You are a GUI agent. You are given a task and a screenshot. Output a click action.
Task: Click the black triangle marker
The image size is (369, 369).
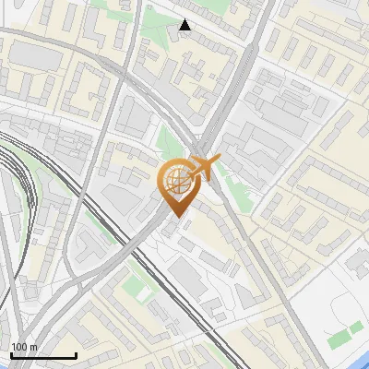coord(185,25)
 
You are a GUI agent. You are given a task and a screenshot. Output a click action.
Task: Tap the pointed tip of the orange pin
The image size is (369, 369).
coord(175,216)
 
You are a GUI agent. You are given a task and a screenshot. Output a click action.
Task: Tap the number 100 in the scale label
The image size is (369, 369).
coord(18,347)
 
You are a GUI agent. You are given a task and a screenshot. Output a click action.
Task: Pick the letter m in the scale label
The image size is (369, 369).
coord(33,347)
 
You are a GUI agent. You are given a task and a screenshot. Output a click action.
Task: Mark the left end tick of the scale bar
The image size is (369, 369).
coord(11,354)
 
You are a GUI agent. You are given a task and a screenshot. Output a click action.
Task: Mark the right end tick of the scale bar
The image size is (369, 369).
coord(76,354)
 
